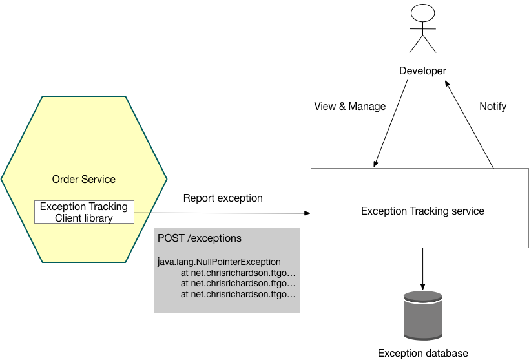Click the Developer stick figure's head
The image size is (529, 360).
[x=422, y=14]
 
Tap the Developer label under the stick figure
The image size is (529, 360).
[x=422, y=71]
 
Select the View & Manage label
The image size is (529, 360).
[x=349, y=106]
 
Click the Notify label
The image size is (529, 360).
[x=493, y=106]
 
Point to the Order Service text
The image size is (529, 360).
[x=84, y=178]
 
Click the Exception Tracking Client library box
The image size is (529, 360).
[x=84, y=212]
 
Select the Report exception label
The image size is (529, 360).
[x=223, y=198]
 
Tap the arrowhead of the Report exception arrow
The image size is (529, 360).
[x=307, y=213]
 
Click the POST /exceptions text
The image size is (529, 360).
[x=200, y=238]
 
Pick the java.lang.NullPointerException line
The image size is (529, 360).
[x=220, y=262]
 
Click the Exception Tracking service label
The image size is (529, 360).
[x=422, y=211]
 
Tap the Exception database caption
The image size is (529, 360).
[x=422, y=353]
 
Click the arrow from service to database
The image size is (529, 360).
[x=422, y=268]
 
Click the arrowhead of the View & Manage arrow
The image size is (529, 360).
[x=374, y=164]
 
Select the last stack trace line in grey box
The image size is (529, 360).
[x=238, y=294]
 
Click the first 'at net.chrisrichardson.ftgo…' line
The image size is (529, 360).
[x=238, y=272]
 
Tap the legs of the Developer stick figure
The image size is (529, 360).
[x=422, y=43]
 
